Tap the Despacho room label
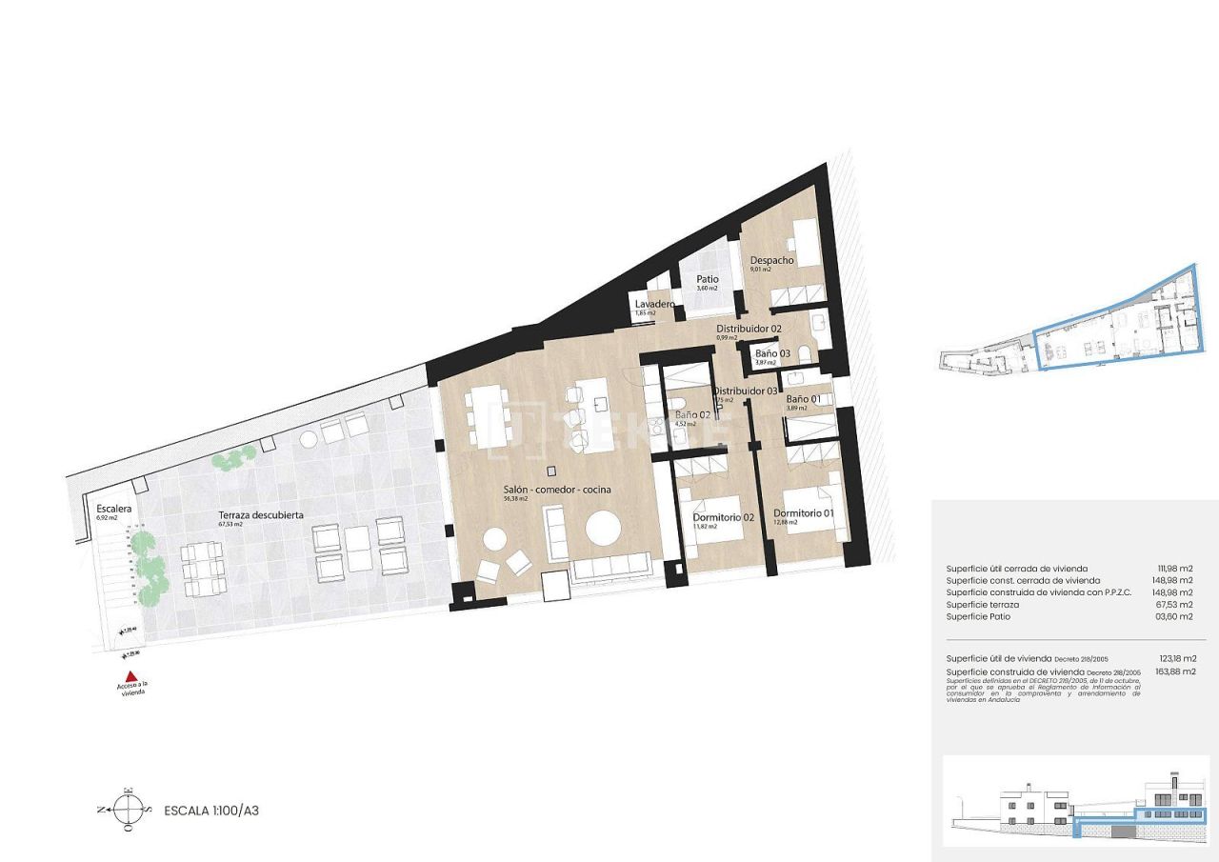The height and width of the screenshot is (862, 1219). click(771, 260)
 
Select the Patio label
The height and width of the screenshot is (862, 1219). click(707, 280)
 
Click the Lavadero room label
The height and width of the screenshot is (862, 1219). click(655, 304)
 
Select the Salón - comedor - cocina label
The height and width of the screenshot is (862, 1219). click(557, 490)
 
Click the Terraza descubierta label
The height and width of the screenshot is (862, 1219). click(260, 514)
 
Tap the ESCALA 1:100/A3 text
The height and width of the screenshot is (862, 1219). click(211, 812)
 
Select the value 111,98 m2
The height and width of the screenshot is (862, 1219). click(1177, 569)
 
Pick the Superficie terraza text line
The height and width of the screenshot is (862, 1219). click(982, 605)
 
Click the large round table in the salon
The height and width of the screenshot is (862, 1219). click(602, 528)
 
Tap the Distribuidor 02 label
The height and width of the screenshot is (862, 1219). click(749, 329)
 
